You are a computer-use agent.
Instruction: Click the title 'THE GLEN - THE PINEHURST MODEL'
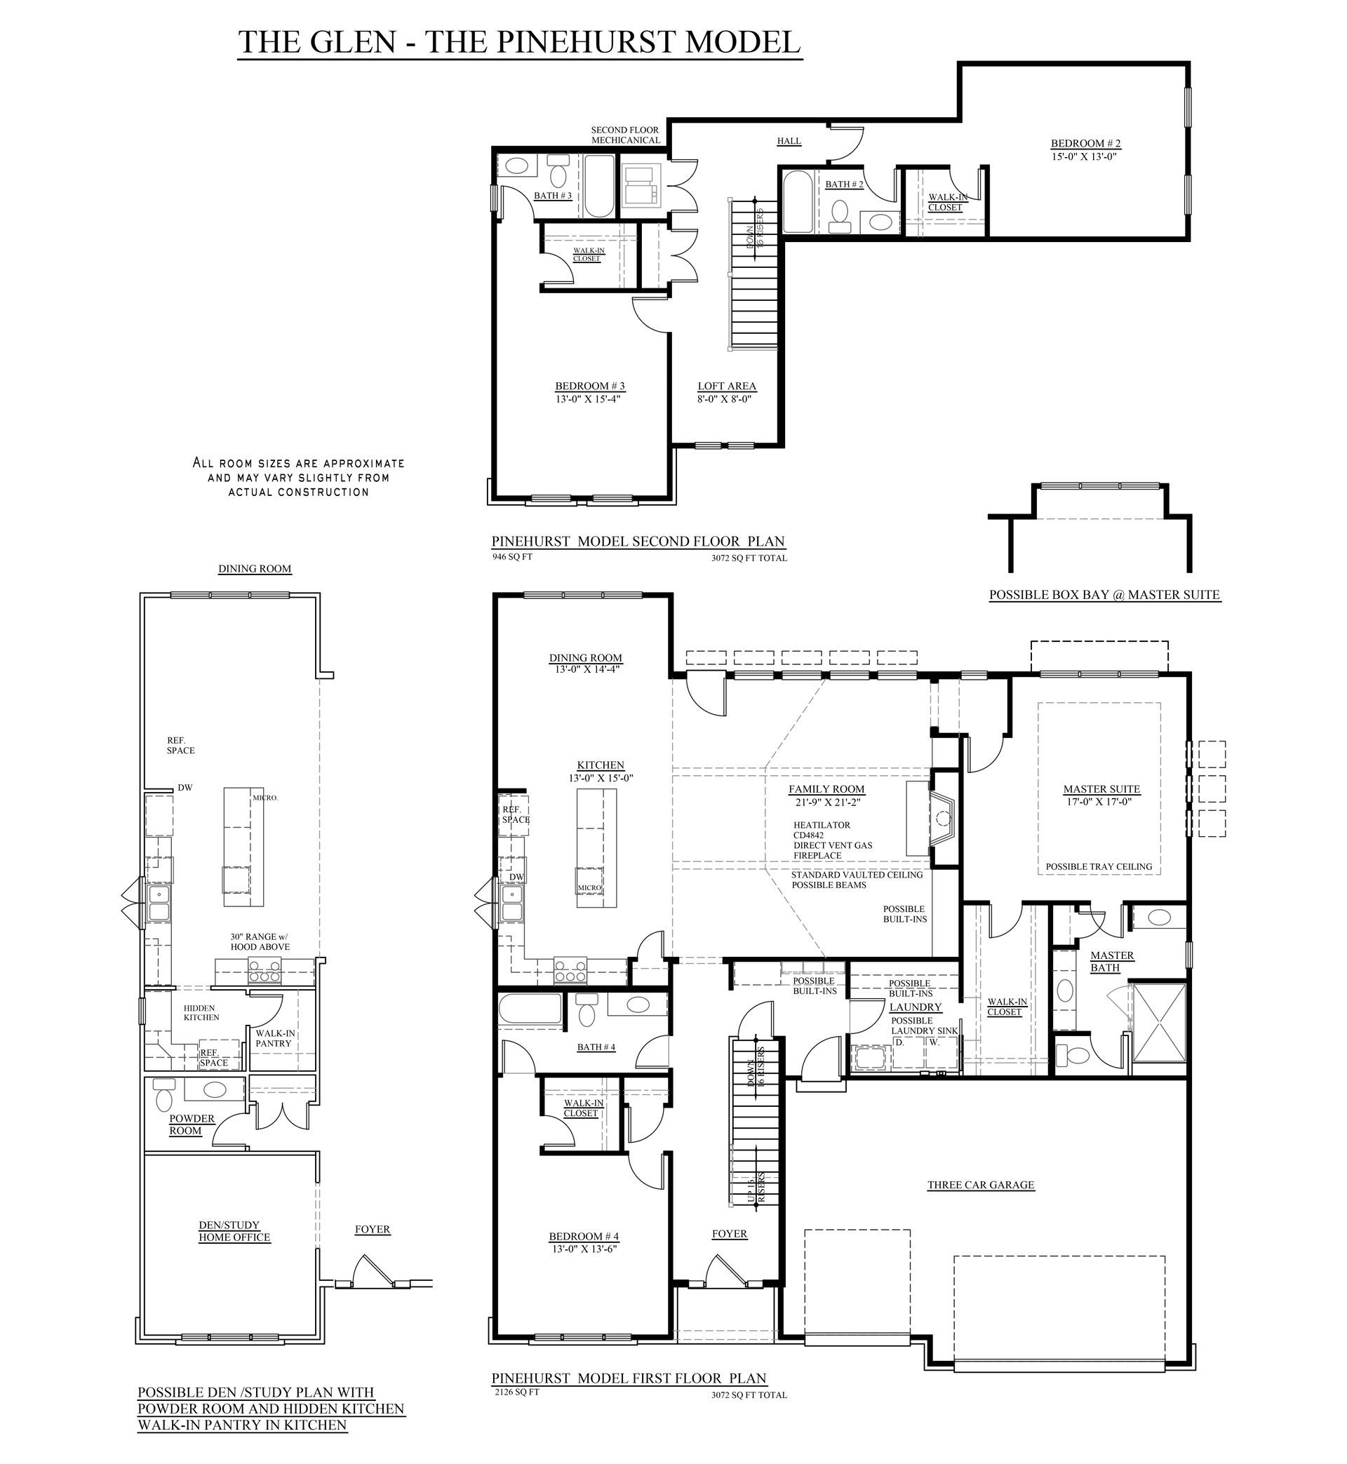520,41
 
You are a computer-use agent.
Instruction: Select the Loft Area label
727,387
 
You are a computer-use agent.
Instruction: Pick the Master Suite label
1101,789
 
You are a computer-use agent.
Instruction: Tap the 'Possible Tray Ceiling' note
1099,866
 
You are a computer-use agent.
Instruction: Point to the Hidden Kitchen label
201,1012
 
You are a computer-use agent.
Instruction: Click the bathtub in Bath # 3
600,186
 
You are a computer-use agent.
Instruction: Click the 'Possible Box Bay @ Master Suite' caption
1104,595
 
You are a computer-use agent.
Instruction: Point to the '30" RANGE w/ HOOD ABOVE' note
260,941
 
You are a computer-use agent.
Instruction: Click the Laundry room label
916,1007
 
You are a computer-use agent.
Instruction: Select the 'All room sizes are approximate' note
298,477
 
